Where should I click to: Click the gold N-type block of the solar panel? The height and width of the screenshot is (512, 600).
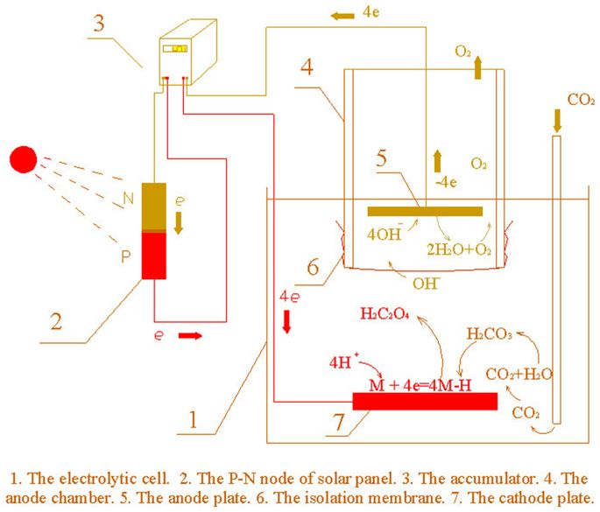pyautogui.click(x=153, y=207)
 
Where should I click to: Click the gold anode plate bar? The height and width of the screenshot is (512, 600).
pyautogui.click(x=425, y=211)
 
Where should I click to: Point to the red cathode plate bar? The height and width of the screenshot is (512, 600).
pyautogui.click(x=424, y=401)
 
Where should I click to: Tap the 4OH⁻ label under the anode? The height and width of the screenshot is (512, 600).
pyautogui.click(x=386, y=235)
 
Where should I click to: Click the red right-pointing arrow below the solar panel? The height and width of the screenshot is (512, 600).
pyautogui.click(x=202, y=334)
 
